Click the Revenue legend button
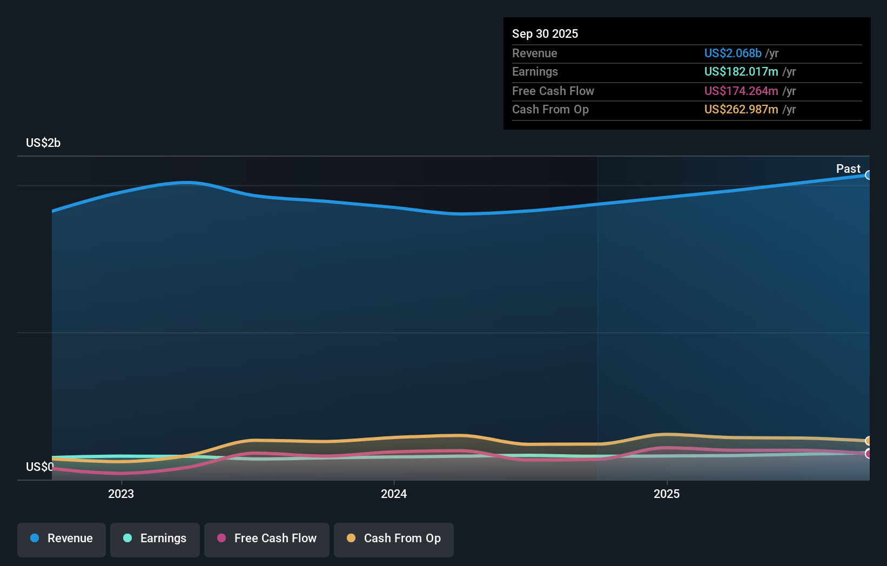click(x=62, y=539)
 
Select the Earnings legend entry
click(x=154, y=539)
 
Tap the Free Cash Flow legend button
click(x=266, y=539)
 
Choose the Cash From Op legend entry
click(x=393, y=539)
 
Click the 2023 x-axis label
click(x=121, y=494)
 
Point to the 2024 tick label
click(x=394, y=494)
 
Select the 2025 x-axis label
click(x=667, y=494)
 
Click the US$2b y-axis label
click(x=43, y=143)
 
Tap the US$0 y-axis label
click(x=40, y=467)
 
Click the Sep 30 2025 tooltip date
click(x=545, y=34)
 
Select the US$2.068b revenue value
click(x=733, y=53)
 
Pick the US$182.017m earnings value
click(x=741, y=72)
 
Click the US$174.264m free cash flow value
click(x=741, y=91)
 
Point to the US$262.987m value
click(x=741, y=110)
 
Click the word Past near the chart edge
click(x=848, y=169)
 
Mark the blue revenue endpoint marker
click(x=869, y=175)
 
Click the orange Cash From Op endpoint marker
click(x=869, y=441)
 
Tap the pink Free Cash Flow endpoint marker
click(x=869, y=454)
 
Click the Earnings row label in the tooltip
click(x=535, y=72)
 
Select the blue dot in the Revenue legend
click(x=35, y=538)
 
